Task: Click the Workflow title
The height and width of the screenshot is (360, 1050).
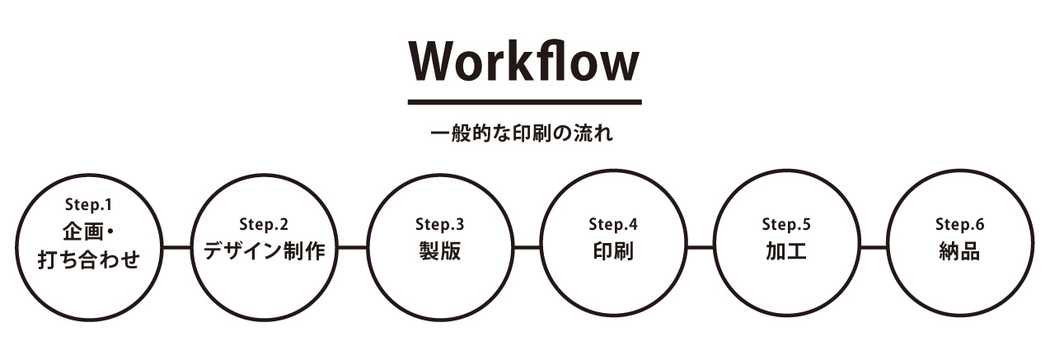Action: point(524,63)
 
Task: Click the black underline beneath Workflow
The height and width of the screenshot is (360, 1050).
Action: point(524,102)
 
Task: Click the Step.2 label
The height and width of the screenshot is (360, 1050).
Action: point(264,224)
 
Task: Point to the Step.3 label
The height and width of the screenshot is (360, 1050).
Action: point(439,224)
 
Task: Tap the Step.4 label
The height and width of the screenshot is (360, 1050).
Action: point(613,224)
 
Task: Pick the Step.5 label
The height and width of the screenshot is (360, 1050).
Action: point(786,224)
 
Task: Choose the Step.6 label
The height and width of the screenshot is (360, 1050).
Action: point(959,224)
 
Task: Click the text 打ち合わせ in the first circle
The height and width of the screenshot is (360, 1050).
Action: point(89,260)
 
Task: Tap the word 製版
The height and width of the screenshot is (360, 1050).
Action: point(439,251)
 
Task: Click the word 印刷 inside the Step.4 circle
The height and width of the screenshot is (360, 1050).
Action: point(613,251)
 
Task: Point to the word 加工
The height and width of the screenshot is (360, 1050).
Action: point(786,251)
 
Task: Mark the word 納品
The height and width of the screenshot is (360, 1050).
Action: point(959,251)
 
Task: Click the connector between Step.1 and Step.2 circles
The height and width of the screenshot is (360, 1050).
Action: point(177,246)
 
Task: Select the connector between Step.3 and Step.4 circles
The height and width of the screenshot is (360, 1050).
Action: point(527,246)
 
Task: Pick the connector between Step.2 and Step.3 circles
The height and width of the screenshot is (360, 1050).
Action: point(352,246)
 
